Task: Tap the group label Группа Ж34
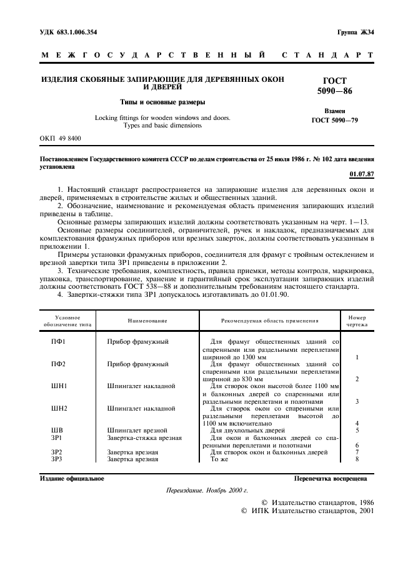point(356,32)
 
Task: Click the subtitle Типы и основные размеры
point(162,101)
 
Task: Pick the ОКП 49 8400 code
point(60,137)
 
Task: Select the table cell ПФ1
point(58,342)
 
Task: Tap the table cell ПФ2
point(58,364)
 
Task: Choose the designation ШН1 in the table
point(59,386)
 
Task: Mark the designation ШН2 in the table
point(59,408)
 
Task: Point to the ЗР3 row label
point(57,459)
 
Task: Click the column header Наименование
point(148,321)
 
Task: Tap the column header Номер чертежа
point(357,321)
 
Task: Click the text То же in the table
point(219,459)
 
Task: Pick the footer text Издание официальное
point(72,479)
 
